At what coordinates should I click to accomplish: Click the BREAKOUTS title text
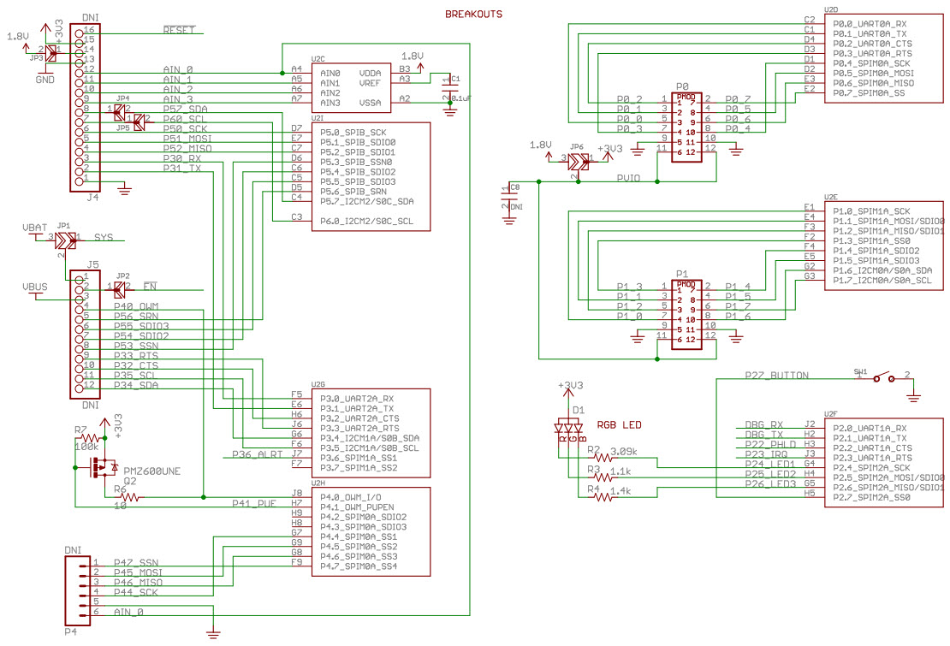473,15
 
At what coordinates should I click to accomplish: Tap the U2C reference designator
318,59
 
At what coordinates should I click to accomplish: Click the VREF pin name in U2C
370,83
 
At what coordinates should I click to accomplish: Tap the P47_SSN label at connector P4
135,562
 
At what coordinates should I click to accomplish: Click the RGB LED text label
619,424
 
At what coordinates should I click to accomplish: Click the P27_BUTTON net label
776,375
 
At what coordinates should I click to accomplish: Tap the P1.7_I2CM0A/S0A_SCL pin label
882,280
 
